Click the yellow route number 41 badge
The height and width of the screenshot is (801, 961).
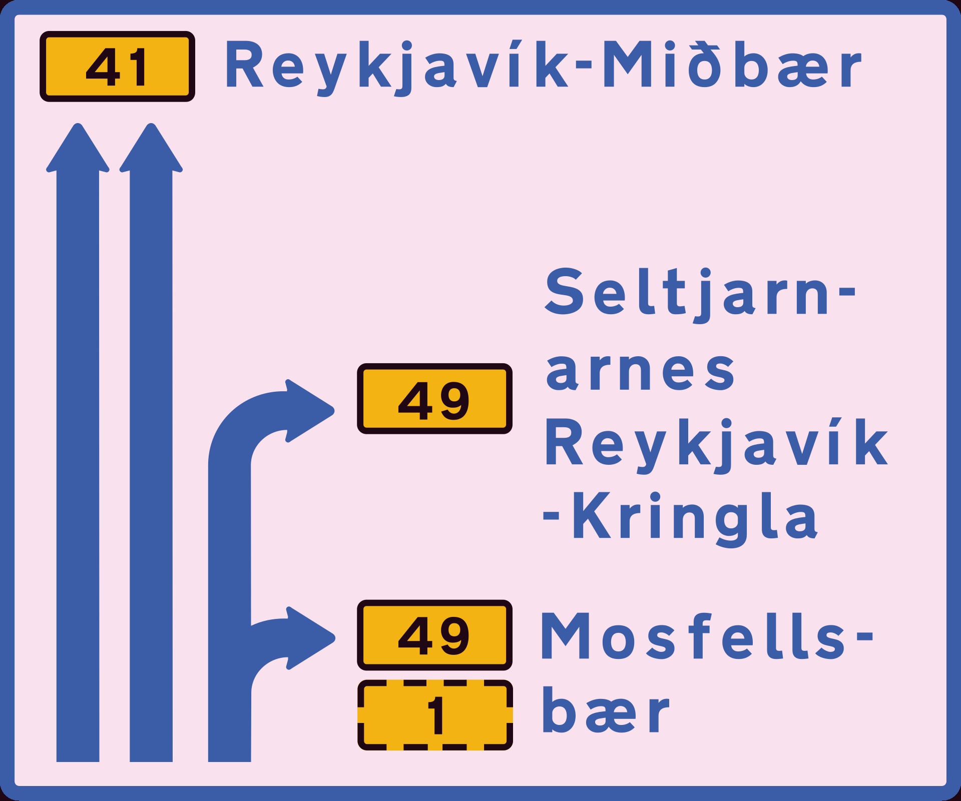pos(117,67)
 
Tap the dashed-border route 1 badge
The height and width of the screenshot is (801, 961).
pos(435,715)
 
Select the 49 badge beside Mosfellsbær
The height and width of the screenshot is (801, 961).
pos(434,635)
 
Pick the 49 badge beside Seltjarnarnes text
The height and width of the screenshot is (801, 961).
pos(434,399)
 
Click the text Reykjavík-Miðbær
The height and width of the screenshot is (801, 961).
pos(544,67)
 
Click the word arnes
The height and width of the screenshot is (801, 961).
pos(640,371)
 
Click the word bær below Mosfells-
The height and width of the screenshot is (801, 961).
pos(605,710)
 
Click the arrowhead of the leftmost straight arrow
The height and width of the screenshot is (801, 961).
pos(78,148)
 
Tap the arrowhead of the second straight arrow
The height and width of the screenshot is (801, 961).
pos(151,148)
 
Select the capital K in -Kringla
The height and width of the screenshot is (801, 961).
pos(594,516)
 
